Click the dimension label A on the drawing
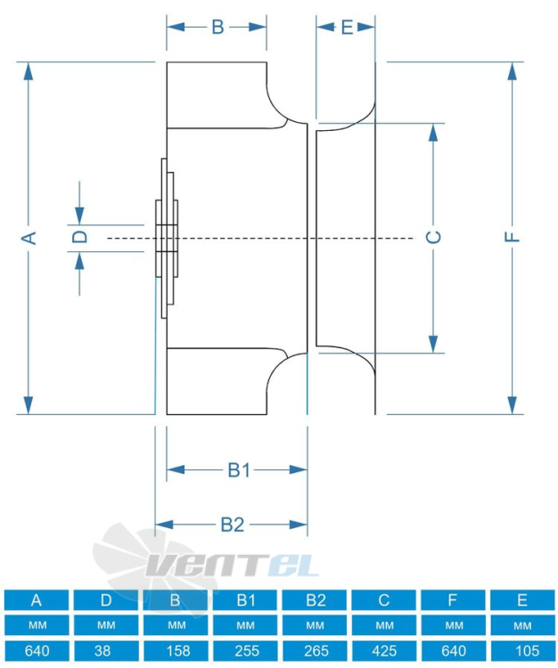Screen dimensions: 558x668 [29, 238]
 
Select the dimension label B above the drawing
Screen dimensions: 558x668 [217, 27]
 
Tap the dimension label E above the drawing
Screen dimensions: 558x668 [348, 28]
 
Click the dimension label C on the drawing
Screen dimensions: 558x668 [433, 237]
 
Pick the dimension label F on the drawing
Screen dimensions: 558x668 [512, 237]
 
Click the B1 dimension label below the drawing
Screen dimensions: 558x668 [239, 470]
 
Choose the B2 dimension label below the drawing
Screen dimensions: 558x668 [233, 525]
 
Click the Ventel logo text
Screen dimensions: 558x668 [233, 566]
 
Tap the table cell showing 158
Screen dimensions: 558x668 [176, 651]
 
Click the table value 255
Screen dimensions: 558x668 [245, 651]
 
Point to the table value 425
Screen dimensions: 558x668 [383, 651]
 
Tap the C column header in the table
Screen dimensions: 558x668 [383, 599]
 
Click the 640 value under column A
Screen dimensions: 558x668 [37, 651]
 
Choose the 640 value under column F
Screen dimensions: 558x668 [453, 651]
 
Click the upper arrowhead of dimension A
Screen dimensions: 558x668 [29, 71]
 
